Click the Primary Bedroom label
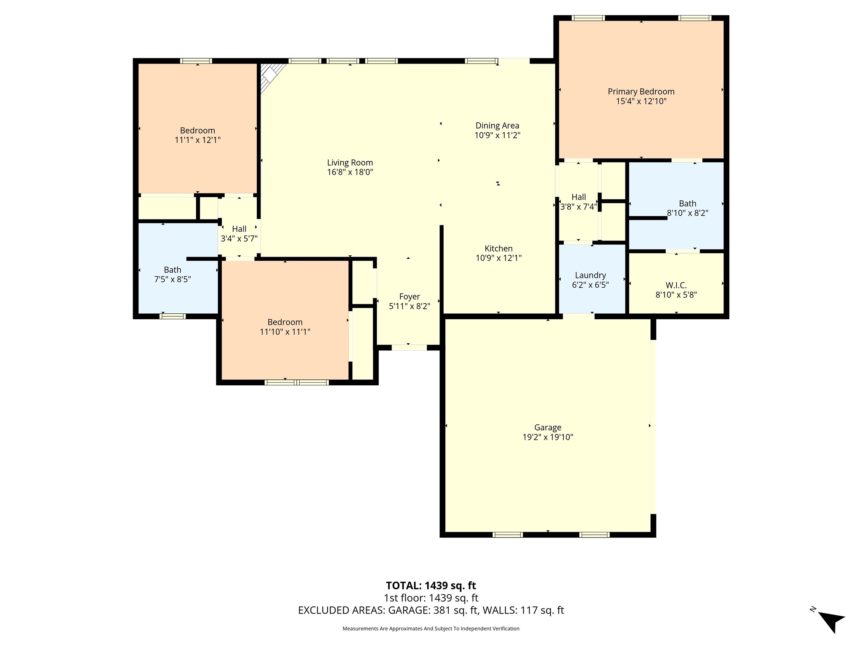pyautogui.click(x=641, y=92)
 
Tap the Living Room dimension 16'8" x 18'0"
pyautogui.click(x=350, y=172)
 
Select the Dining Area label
pyautogui.click(x=498, y=125)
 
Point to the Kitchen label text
pyautogui.click(x=499, y=249)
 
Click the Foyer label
pyautogui.click(x=410, y=297)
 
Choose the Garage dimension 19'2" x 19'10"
pyautogui.click(x=548, y=437)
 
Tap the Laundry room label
pyautogui.click(x=591, y=275)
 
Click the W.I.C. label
pyautogui.click(x=676, y=286)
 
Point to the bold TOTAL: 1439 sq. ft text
pyautogui.click(x=431, y=585)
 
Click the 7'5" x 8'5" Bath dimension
pyautogui.click(x=173, y=279)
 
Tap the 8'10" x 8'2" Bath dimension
pyautogui.click(x=688, y=213)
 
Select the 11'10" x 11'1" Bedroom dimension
pyautogui.click(x=285, y=332)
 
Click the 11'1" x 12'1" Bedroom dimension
pyautogui.click(x=198, y=140)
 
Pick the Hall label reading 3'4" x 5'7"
pyautogui.click(x=239, y=234)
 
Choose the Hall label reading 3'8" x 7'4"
pyautogui.click(x=579, y=202)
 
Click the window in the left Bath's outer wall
pyautogui.click(x=173, y=316)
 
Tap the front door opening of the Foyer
pyautogui.click(x=409, y=348)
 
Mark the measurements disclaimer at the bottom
pyautogui.click(x=431, y=629)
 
